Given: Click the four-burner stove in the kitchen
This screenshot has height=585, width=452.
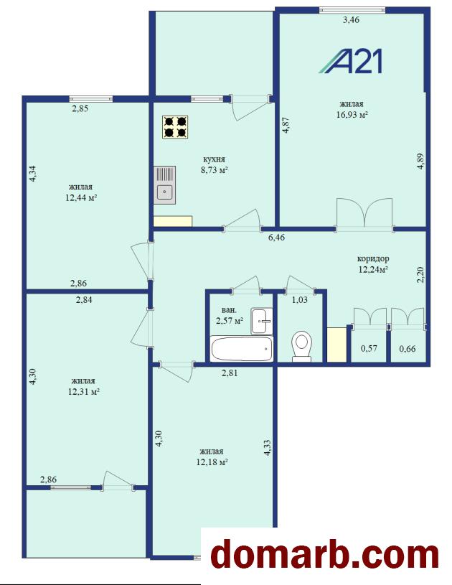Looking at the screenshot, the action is (x=175, y=127).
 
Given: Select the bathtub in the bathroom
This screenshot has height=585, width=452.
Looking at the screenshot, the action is (x=241, y=348).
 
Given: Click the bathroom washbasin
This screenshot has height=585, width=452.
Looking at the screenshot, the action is (x=262, y=320).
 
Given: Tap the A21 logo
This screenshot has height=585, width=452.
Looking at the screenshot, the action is (x=351, y=62).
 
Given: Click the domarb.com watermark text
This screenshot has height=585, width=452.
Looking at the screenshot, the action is (x=324, y=556).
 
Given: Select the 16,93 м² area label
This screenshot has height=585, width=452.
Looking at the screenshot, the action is (x=352, y=115).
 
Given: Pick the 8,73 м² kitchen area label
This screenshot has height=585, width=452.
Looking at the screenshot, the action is (x=214, y=170).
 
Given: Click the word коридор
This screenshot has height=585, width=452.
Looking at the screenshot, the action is (x=373, y=258).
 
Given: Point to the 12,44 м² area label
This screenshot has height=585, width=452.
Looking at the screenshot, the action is (x=81, y=197).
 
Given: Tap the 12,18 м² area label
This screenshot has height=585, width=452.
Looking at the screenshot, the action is (x=212, y=462).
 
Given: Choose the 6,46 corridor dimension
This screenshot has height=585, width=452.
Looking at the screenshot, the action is (x=277, y=237).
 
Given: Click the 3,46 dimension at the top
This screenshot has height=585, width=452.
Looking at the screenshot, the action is (x=351, y=20).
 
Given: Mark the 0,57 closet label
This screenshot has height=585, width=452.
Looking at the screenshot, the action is (x=369, y=348).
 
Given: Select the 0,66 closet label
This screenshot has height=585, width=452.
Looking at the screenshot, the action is (x=408, y=349).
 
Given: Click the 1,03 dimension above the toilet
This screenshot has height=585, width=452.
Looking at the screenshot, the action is (x=299, y=299).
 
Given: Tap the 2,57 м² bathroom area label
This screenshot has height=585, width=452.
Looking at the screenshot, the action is (x=230, y=320).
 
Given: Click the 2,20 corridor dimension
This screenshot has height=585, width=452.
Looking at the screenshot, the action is (x=420, y=275).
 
